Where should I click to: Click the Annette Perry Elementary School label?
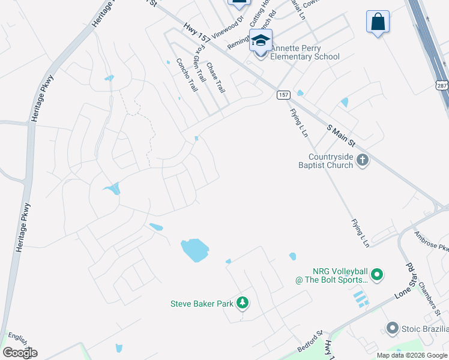(x=305, y=52)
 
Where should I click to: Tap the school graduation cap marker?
(x=261, y=41)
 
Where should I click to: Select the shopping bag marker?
(x=378, y=22)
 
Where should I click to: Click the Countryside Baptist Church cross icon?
(x=362, y=160)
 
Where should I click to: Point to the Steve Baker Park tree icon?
(x=243, y=303)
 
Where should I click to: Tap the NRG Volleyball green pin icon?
(x=377, y=275)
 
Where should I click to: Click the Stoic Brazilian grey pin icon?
(x=393, y=328)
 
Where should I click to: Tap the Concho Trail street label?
(x=186, y=75)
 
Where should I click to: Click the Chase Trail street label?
(x=215, y=78)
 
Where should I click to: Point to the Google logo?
(x=20, y=353)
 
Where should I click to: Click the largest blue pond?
(x=195, y=250)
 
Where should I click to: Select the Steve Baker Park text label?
(x=202, y=304)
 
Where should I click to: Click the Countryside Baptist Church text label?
(x=327, y=161)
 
